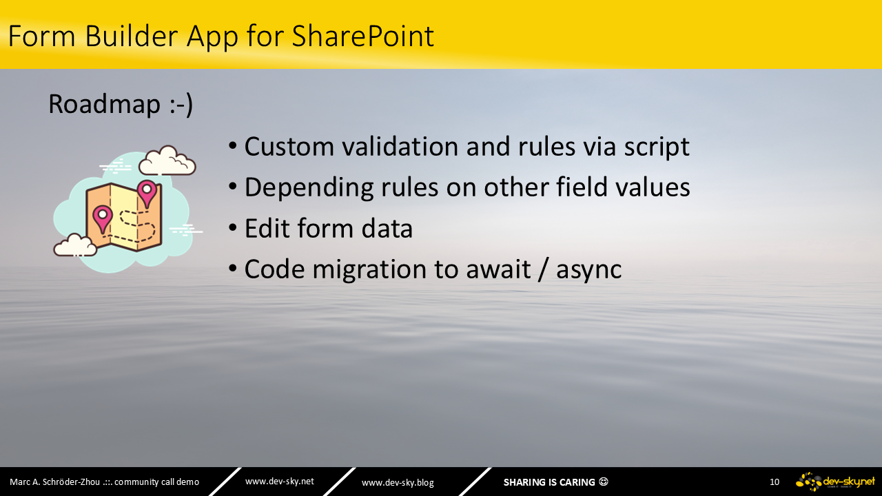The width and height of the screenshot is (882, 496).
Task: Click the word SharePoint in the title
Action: (362, 37)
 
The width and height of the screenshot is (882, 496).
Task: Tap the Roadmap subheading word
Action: (104, 104)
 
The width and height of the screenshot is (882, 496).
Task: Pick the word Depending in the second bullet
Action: (309, 188)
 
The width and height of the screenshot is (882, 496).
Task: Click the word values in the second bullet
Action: (653, 187)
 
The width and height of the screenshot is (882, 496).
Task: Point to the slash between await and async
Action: (544, 269)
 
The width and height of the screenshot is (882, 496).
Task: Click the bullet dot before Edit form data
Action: (233, 227)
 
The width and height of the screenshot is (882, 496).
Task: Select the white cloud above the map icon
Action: (167, 161)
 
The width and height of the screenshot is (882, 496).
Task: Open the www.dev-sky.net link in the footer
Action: (280, 482)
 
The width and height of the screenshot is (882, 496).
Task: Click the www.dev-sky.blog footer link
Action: (398, 483)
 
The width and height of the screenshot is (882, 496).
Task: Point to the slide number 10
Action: (774, 482)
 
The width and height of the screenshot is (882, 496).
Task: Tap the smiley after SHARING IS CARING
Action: (603, 482)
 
